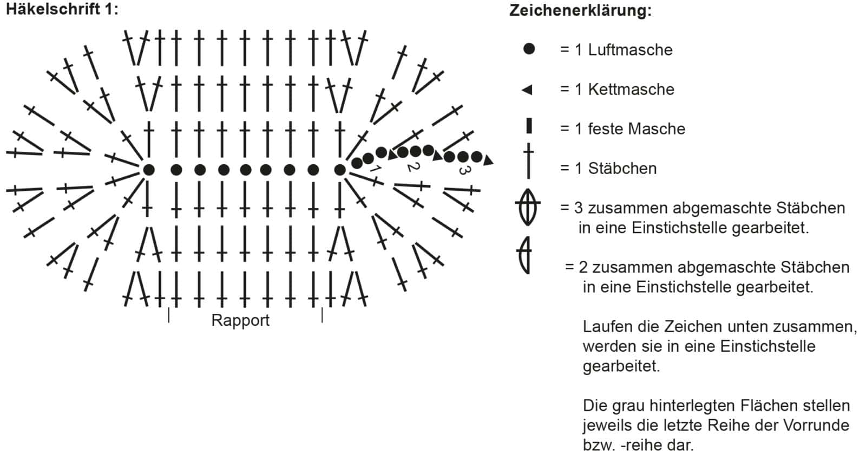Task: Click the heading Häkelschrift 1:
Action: click(62, 9)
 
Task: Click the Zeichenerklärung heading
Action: click(580, 10)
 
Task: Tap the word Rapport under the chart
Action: click(240, 320)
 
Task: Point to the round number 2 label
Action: click(414, 167)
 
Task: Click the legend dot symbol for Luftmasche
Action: click(528, 49)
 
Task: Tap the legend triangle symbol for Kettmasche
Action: click(527, 90)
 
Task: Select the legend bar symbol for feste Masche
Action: click(529, 126)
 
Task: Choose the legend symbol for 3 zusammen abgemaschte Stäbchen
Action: click(528, 207)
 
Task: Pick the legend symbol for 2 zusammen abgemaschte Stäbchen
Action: click(524, 255)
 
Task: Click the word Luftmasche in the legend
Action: click(630, 50)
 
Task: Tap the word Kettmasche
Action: click(631, 89)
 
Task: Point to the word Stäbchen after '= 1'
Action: click(622, 169)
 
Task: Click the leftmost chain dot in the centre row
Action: click(149, 170)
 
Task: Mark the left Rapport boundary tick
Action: click(168, 315)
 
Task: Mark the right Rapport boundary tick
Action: click(322, 315)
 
